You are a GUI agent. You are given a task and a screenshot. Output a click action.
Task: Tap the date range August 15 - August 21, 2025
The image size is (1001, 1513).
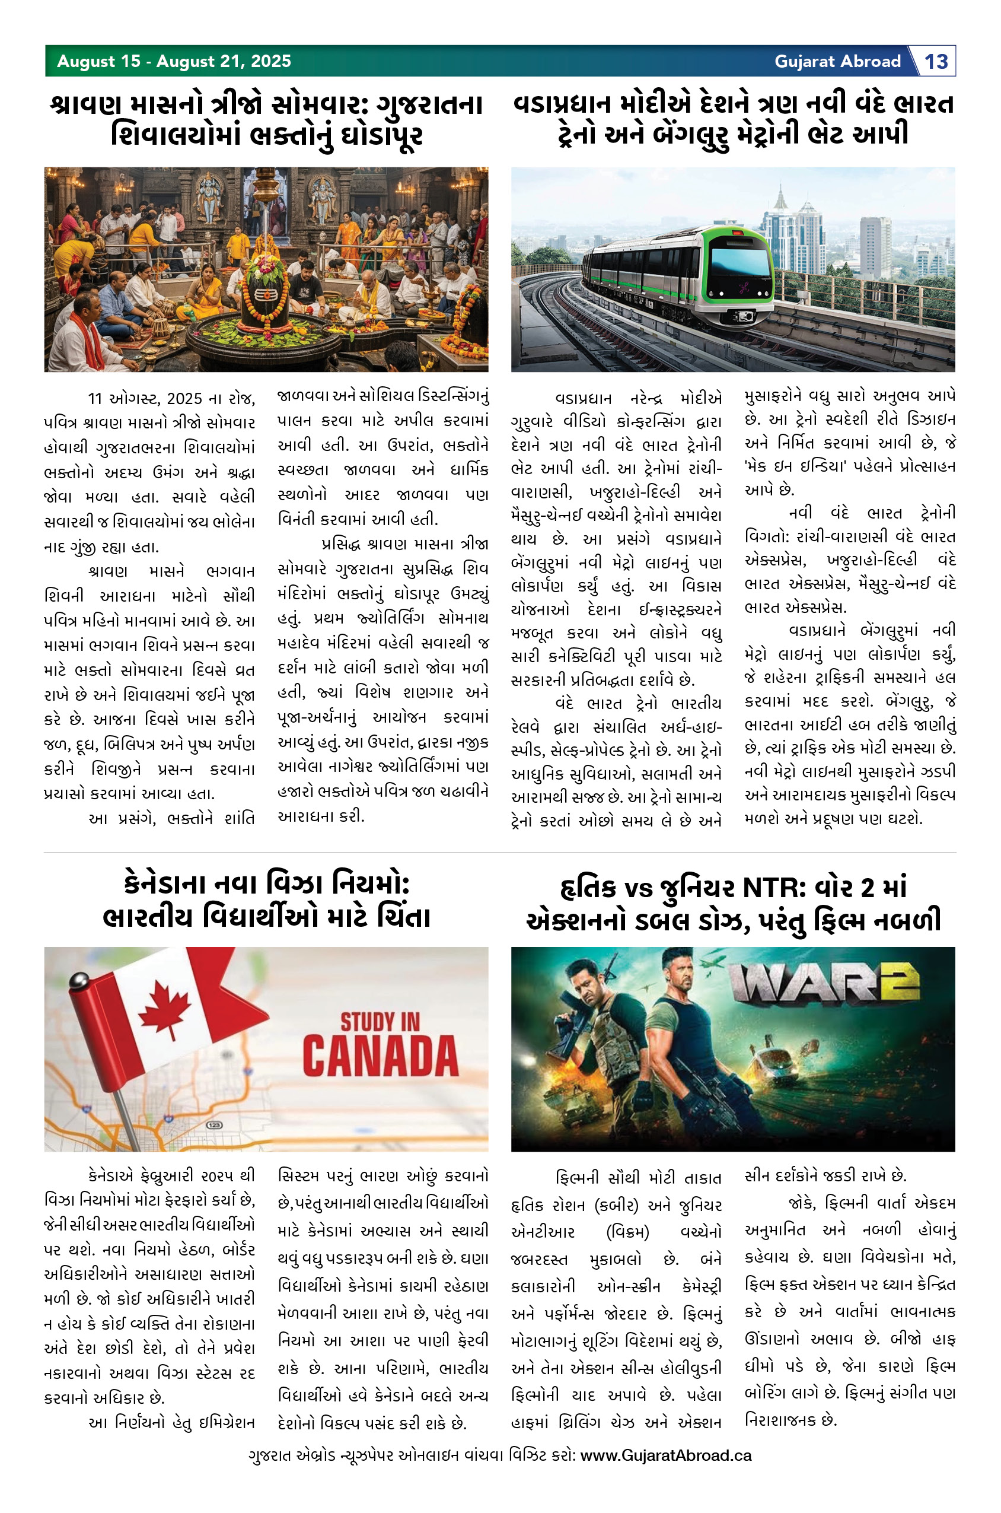[x=174, y=61]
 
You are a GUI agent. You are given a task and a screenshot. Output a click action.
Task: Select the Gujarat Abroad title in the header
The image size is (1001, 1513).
[x=837, y=61]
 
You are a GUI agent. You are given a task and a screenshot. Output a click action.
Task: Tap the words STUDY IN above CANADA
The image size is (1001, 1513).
[x=380, y=1022]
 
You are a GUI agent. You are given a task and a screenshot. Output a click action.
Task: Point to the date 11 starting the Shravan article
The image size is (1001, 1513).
[x=94, y=399]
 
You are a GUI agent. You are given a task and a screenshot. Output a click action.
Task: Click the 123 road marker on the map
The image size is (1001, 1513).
[x=214, y=1125]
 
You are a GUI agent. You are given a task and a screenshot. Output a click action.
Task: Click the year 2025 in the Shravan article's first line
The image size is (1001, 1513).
[x=184, y=399]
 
